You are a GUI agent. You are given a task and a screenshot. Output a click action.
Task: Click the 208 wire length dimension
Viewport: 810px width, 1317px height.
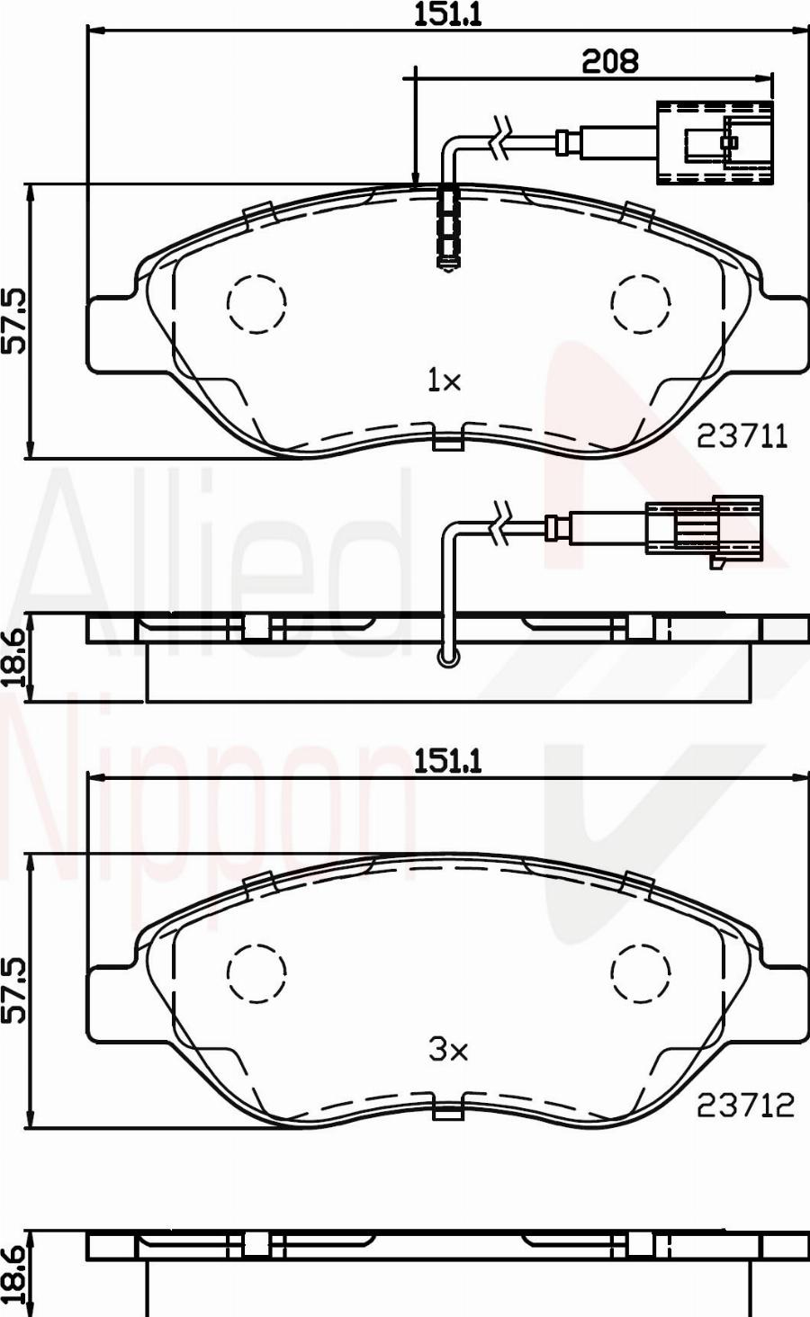tap(609, 61)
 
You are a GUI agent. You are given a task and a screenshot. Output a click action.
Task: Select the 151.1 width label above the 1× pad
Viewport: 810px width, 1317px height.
tap(447, 15)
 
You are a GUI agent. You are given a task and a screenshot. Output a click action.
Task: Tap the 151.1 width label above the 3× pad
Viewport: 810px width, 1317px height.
tap(447, 761)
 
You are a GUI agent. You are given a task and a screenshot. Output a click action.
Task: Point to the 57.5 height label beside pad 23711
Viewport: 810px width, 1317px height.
tap(15, 320)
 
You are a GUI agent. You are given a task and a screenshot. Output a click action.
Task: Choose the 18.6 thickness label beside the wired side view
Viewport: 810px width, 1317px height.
tap(15, 658)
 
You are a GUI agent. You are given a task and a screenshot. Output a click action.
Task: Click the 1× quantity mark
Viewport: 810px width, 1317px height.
tap(444, 381)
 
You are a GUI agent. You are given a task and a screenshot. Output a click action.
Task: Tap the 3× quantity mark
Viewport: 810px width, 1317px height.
tap(447, 1049)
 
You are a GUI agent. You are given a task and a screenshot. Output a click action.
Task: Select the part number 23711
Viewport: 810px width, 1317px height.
tap(742, 436)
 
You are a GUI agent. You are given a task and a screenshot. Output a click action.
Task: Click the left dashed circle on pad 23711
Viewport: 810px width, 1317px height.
tap(256, 304)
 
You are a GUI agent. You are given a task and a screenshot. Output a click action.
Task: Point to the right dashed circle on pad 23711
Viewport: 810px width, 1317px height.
tap(642, 302)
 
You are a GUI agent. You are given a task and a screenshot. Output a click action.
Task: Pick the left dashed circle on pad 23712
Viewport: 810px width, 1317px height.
tap(256, 972)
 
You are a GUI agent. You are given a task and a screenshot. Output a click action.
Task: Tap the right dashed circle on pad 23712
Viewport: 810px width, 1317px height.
tap(642, 972)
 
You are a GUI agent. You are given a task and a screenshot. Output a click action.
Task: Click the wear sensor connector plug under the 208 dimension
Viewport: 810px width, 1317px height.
tap(715, 142)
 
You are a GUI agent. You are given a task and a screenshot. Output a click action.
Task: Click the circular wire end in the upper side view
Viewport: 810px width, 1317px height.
tap(447, 659)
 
